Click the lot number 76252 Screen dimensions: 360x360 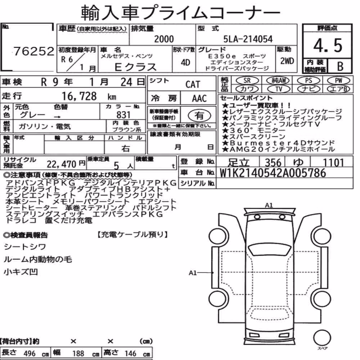coord(34,51)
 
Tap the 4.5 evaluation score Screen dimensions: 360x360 coord(328,45)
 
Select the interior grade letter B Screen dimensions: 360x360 coord(340,66)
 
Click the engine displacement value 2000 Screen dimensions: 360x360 coord(164,39)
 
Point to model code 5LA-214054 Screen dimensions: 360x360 coord(248,39)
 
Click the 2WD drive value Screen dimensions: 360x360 coord(287,61)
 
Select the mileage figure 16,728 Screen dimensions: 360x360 coord(79,96)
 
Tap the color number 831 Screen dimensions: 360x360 coord(123,114)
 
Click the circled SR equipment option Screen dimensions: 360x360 coord(247,80)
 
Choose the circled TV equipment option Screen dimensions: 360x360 coord(279,89)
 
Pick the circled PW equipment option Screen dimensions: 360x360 coord(339,80)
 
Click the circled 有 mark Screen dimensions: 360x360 coord(199,116)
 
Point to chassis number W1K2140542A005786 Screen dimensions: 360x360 coord(273,173)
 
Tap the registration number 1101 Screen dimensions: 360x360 coord(333,162)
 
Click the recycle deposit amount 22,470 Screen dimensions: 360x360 coord(61,164)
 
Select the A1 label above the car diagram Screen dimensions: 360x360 coord(269,205)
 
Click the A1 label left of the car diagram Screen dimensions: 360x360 coord(193,273)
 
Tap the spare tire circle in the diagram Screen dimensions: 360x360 coord(322,338)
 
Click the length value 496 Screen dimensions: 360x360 coord(30,354)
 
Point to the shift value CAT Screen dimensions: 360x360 coord(193,85)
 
